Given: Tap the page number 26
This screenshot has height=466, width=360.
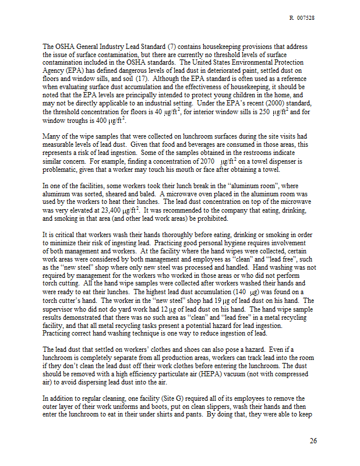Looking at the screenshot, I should (x=313, y=440).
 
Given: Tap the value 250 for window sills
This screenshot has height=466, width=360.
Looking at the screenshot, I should (x=245, y=111).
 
